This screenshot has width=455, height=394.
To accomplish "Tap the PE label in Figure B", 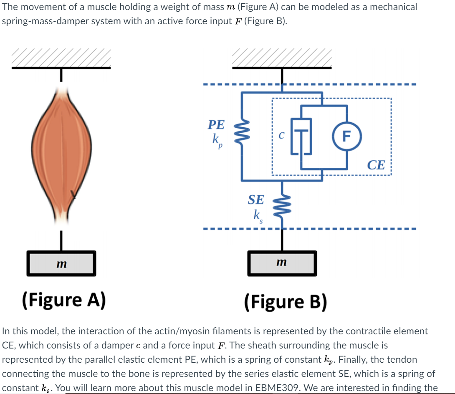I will coord(216,125).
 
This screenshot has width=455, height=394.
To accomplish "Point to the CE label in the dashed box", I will coord(377,165).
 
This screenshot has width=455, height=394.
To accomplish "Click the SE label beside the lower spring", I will coord(256,200).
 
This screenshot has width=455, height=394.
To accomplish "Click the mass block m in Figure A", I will coord(62,263).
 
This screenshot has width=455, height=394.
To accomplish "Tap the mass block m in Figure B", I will coord(282,263).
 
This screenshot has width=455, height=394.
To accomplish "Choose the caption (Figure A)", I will coord(63,299).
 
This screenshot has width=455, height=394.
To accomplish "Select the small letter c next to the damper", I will coord(281,136).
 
